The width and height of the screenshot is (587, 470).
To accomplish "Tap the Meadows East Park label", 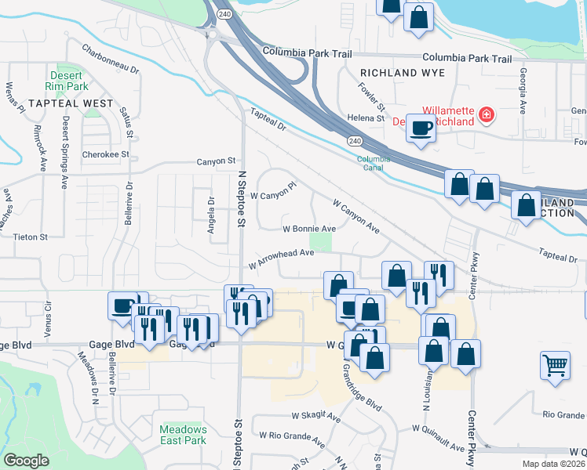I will [183, 435].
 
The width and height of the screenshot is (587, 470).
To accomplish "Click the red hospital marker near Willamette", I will [487, 116].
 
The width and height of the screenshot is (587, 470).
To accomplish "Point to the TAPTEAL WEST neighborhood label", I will [71, 103].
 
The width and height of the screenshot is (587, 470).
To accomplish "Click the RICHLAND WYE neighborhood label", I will [402, 73].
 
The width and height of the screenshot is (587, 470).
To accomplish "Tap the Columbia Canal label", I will [374, 163].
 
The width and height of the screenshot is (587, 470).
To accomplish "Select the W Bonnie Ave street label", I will [309, 229].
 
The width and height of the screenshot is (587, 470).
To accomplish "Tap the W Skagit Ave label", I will [315, 415].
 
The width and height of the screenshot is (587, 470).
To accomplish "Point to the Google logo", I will [27, 460].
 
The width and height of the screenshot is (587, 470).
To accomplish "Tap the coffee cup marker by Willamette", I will [421, 127].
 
